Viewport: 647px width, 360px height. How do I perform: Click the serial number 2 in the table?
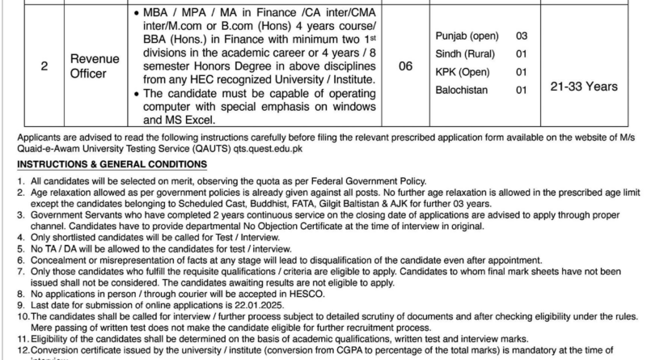(44, 68)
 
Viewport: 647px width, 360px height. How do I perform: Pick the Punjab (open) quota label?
(467, 36)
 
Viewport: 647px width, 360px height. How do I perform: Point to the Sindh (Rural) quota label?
(466, 55)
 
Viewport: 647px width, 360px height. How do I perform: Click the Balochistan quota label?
(461, 91)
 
